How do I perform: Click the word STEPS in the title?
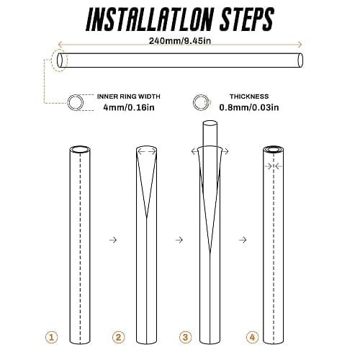pos(247,19)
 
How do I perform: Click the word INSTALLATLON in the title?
pos(149,19)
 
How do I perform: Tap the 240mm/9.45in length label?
pos(180,41)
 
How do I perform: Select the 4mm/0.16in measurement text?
pos(129,107)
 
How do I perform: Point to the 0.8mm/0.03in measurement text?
pos(249,107)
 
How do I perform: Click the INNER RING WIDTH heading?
pos(129,96)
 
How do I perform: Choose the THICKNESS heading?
pos(249,96)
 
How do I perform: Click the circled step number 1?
pos(52,337)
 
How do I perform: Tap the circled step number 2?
pos(119,337)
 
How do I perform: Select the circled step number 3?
pos(185,337)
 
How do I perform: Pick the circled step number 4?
pos(252,337)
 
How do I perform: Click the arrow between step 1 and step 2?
pos(113,240)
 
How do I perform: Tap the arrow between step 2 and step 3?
pos(179,240)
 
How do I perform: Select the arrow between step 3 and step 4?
pos(243,240)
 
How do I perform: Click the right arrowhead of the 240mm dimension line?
pos(300,45)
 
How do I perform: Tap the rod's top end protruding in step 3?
pos(210,124)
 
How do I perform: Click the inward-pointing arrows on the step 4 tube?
pos(274,166)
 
